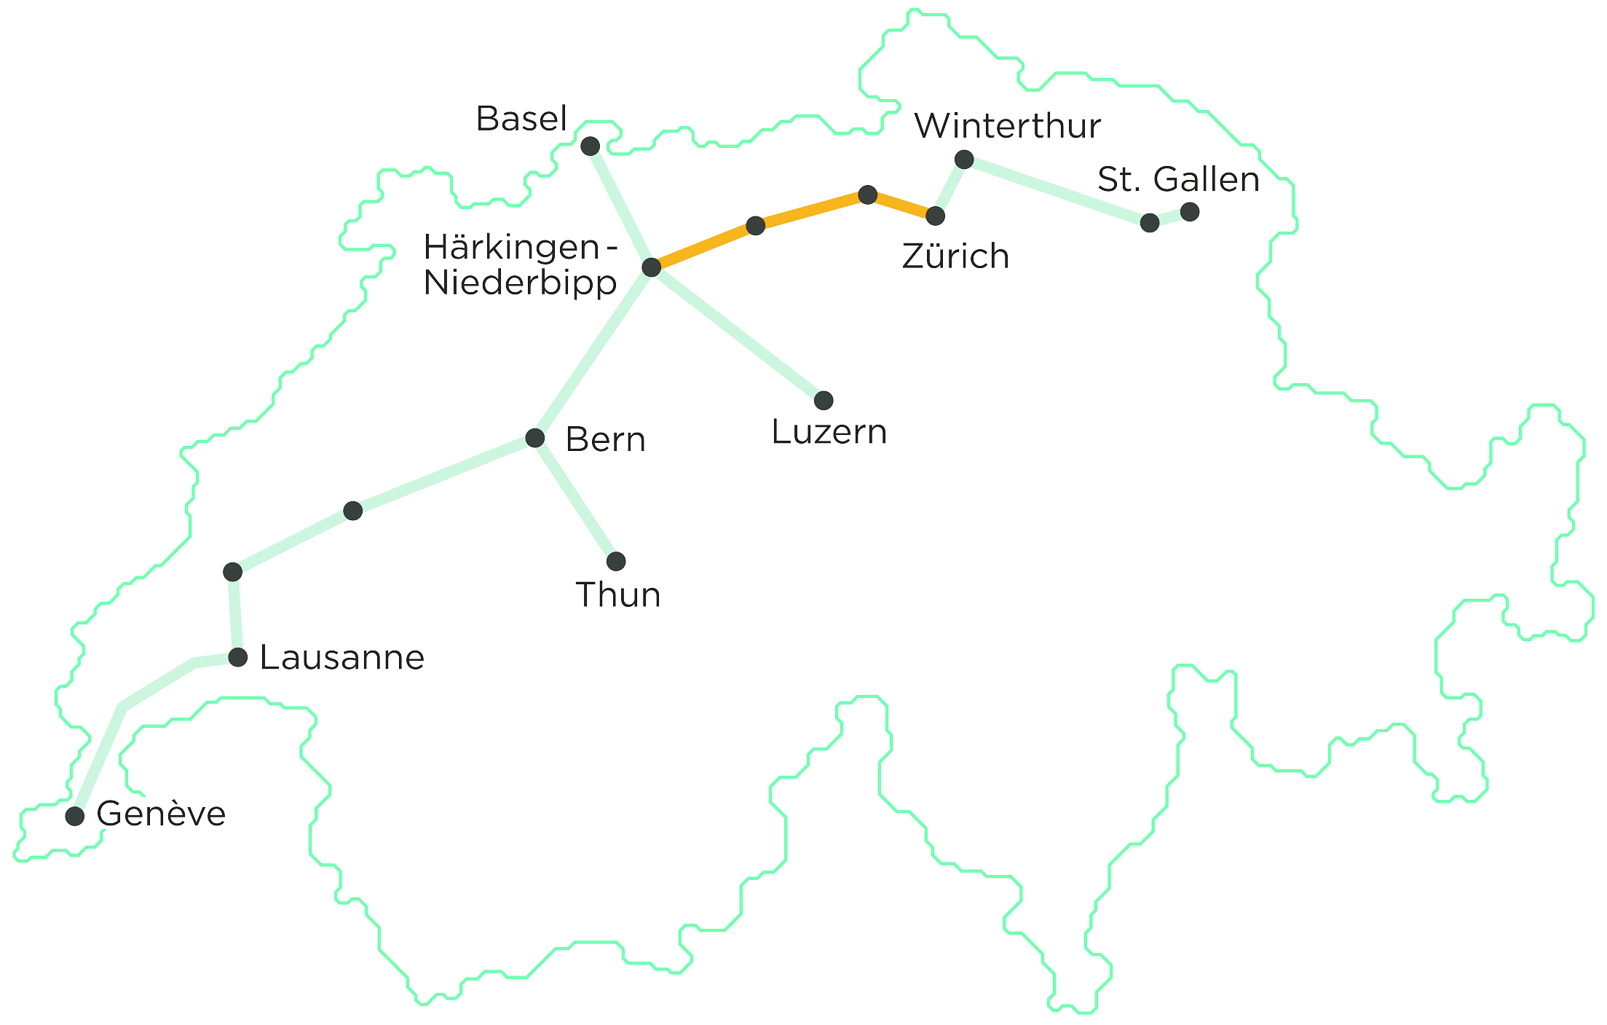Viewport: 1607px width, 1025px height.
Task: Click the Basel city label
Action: coord(521,119)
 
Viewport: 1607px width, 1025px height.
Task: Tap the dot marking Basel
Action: coord(591,146)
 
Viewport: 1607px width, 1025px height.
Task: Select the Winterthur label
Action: coord(1007,126)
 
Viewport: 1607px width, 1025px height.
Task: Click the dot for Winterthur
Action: coord(964,160)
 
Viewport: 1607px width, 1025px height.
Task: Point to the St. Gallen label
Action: coord(1178,179)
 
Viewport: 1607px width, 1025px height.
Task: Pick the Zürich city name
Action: coord(955,256)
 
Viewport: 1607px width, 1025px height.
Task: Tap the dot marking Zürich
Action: coord(936,216)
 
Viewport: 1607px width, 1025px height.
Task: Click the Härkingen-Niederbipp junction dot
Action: coord(652,267)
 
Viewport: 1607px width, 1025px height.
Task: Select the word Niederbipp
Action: coord(520,283)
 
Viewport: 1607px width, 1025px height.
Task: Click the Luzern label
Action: coord(829,433)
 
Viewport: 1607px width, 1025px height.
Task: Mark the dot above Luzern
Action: coord(824,400)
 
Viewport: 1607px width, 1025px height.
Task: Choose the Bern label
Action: coord(605,440)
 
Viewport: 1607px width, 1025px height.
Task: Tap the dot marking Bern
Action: coord(535,438)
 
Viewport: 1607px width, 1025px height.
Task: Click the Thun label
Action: coord(618,595)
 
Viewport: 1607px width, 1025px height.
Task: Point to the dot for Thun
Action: coord(616,561)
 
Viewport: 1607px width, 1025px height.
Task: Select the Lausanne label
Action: coord(342,658)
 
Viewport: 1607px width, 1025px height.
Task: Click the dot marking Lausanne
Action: coord(238,657)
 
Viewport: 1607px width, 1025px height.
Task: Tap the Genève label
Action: coord(161,814)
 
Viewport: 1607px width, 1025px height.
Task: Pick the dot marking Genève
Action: coord(75,816)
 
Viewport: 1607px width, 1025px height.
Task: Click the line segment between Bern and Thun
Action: coord(575,499)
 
